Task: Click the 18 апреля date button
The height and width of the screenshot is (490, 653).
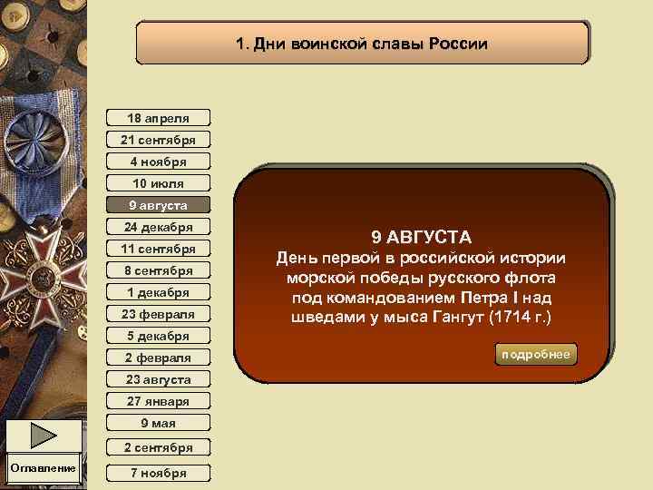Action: click(158, 118)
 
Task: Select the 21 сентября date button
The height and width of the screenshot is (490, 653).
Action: click(158, 140)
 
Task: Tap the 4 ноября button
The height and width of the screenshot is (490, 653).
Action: click(158, 162)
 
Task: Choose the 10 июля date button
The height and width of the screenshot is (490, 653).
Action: click(158, 183)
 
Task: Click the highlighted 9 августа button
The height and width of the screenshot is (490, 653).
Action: click(158, 205)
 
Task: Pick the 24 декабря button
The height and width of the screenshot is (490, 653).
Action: click(158, 227)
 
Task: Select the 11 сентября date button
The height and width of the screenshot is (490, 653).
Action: click(158, 249)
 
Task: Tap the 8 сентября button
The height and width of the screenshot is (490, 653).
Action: click(158, 270)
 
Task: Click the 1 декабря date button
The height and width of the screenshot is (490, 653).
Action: click(158, 292)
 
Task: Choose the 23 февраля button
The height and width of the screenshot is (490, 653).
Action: click(158, 314)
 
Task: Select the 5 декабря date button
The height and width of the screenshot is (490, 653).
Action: click(158, 336)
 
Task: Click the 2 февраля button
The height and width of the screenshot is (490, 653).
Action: click(158, 358)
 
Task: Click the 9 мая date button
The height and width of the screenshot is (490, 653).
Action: click(158, 423)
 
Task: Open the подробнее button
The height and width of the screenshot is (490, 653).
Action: click(537, 354)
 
